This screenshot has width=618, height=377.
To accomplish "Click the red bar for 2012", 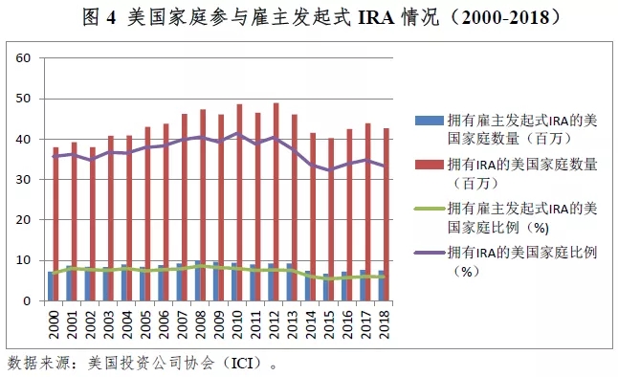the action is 276,202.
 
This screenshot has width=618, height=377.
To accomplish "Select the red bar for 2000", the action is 56,224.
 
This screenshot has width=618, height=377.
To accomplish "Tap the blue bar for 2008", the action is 197,280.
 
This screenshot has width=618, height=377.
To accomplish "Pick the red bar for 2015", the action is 331,219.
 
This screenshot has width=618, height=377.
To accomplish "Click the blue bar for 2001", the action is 69,283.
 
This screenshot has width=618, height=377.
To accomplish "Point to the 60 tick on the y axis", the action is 23,58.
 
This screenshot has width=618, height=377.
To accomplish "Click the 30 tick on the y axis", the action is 23,180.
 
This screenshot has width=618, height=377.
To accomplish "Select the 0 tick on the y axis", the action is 27,300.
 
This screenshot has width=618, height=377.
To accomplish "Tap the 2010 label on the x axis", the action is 237,324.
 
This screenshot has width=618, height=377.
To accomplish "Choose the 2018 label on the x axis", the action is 384,324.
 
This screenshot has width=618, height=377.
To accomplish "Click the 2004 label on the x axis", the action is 127,324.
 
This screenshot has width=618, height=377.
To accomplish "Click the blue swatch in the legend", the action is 429,121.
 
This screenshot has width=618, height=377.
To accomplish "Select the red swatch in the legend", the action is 429,165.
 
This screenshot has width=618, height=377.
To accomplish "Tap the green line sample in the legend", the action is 429,209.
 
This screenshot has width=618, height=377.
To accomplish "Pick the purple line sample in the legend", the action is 429,253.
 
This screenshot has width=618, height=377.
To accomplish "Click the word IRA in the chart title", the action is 376,17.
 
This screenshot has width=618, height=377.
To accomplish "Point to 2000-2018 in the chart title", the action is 505,17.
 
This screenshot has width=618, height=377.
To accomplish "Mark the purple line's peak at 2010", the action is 237,133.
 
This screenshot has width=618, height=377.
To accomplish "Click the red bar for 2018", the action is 386,214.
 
